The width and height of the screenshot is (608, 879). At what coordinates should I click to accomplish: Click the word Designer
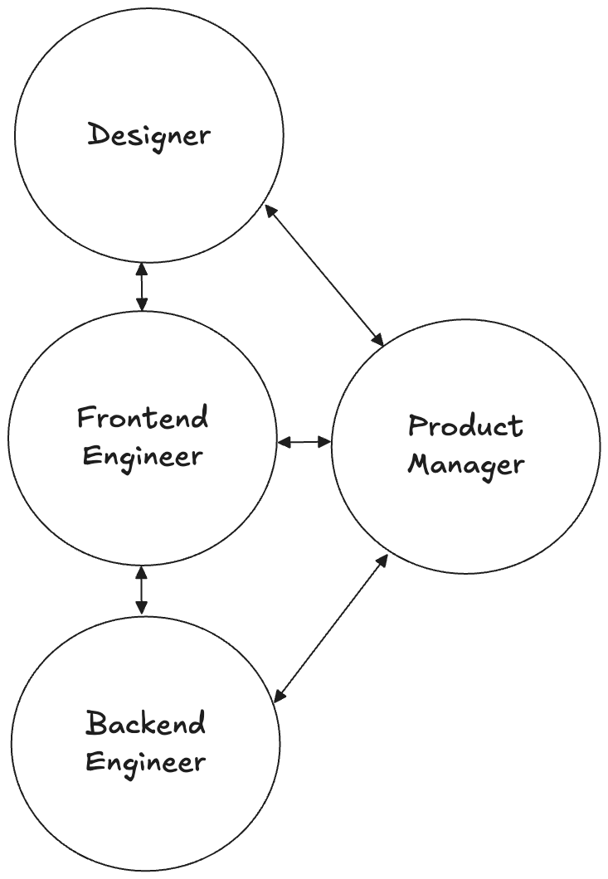pyautogui.click(x=149, y=134)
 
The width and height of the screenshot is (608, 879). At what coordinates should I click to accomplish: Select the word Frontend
pyautogui.click(x=143, y=417)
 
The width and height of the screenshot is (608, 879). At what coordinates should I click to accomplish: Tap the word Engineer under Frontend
pyautogui.click(x=143, y=456)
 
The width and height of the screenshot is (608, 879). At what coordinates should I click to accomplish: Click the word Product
pyautogui.click(x=465, y=426)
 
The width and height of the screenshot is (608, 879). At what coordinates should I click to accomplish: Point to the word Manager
pyautogui.click(x=465, y=464)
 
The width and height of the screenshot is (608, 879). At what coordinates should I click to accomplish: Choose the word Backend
pyautogui.click(x=145, y=723)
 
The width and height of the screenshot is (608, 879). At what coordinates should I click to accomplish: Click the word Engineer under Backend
pyautogui.click(x=145, y=761)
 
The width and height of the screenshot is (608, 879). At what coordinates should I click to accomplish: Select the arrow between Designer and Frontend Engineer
pyautogui.click(x=142, y=287)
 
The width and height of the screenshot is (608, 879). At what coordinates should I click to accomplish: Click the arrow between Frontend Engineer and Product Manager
pyautogui.click(x=304, y=443)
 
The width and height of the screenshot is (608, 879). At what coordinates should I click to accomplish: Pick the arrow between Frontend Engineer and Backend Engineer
pyautogui.click(x=142, y=590)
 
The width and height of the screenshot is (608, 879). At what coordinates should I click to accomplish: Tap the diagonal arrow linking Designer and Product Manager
pyautogui.click(x=323, y=275)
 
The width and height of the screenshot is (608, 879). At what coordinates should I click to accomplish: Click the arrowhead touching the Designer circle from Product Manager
pyautogui.click(x=268, y=210)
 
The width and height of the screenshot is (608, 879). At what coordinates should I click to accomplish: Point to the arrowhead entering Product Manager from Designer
pyautogui.click(x=378, y=341)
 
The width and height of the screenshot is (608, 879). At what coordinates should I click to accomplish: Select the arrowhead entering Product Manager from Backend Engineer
pyautogui.click(x=383, y=560)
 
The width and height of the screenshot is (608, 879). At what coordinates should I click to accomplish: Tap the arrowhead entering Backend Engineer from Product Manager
pyautogui.click(x=280, y=692)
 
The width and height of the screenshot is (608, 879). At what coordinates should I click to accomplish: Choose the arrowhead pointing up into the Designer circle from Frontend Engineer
pyautogui.click(x=142, y=269)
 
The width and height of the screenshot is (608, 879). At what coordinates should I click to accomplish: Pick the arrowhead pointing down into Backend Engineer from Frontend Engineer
pyautogui.click(x=142, y=610)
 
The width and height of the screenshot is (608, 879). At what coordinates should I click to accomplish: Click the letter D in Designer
pyautogui.click(x=98, y=134)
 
